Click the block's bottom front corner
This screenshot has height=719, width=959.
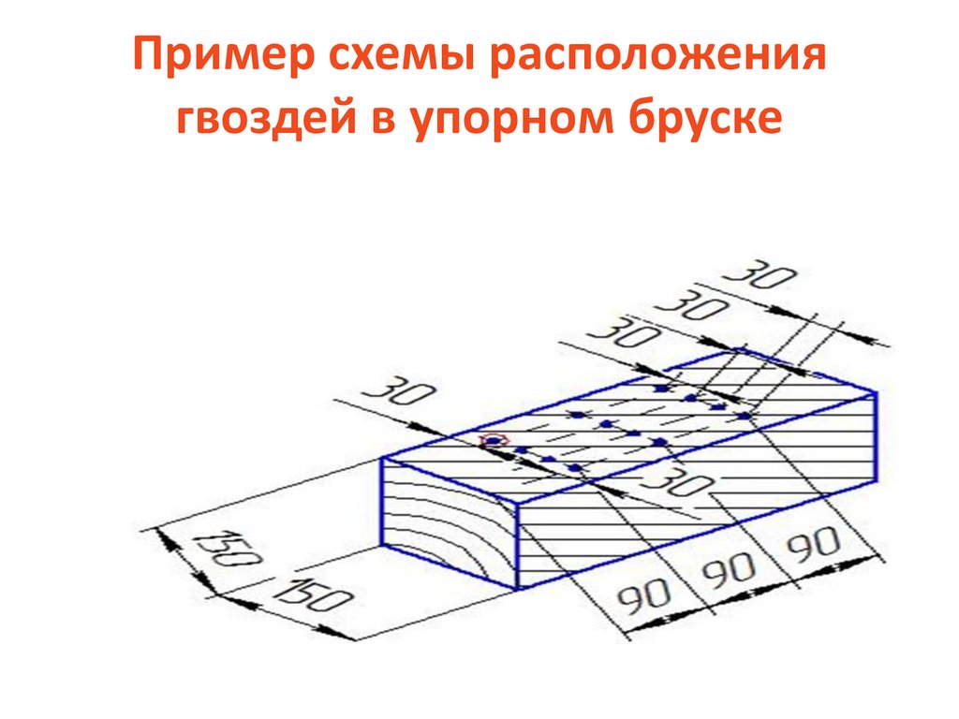click(518, 590)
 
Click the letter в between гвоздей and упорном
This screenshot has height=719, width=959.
click(374, 120)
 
